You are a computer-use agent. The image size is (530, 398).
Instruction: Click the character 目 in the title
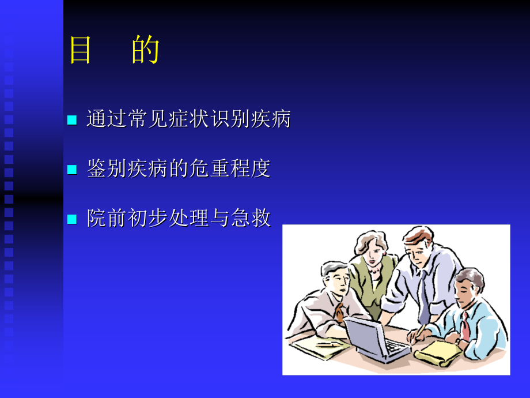tap(81, 51)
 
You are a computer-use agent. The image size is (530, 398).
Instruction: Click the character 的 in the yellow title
tap(145, 51)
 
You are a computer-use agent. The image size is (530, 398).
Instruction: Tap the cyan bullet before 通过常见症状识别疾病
tap(72, 120)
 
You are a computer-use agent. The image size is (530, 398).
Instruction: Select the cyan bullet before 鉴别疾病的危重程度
tap(72, 169)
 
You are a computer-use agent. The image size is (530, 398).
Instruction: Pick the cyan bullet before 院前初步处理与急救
tap(72, 219)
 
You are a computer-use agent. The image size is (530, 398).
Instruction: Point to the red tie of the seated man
tap(464, 326)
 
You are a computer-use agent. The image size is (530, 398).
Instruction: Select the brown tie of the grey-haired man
tap(339, 311)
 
